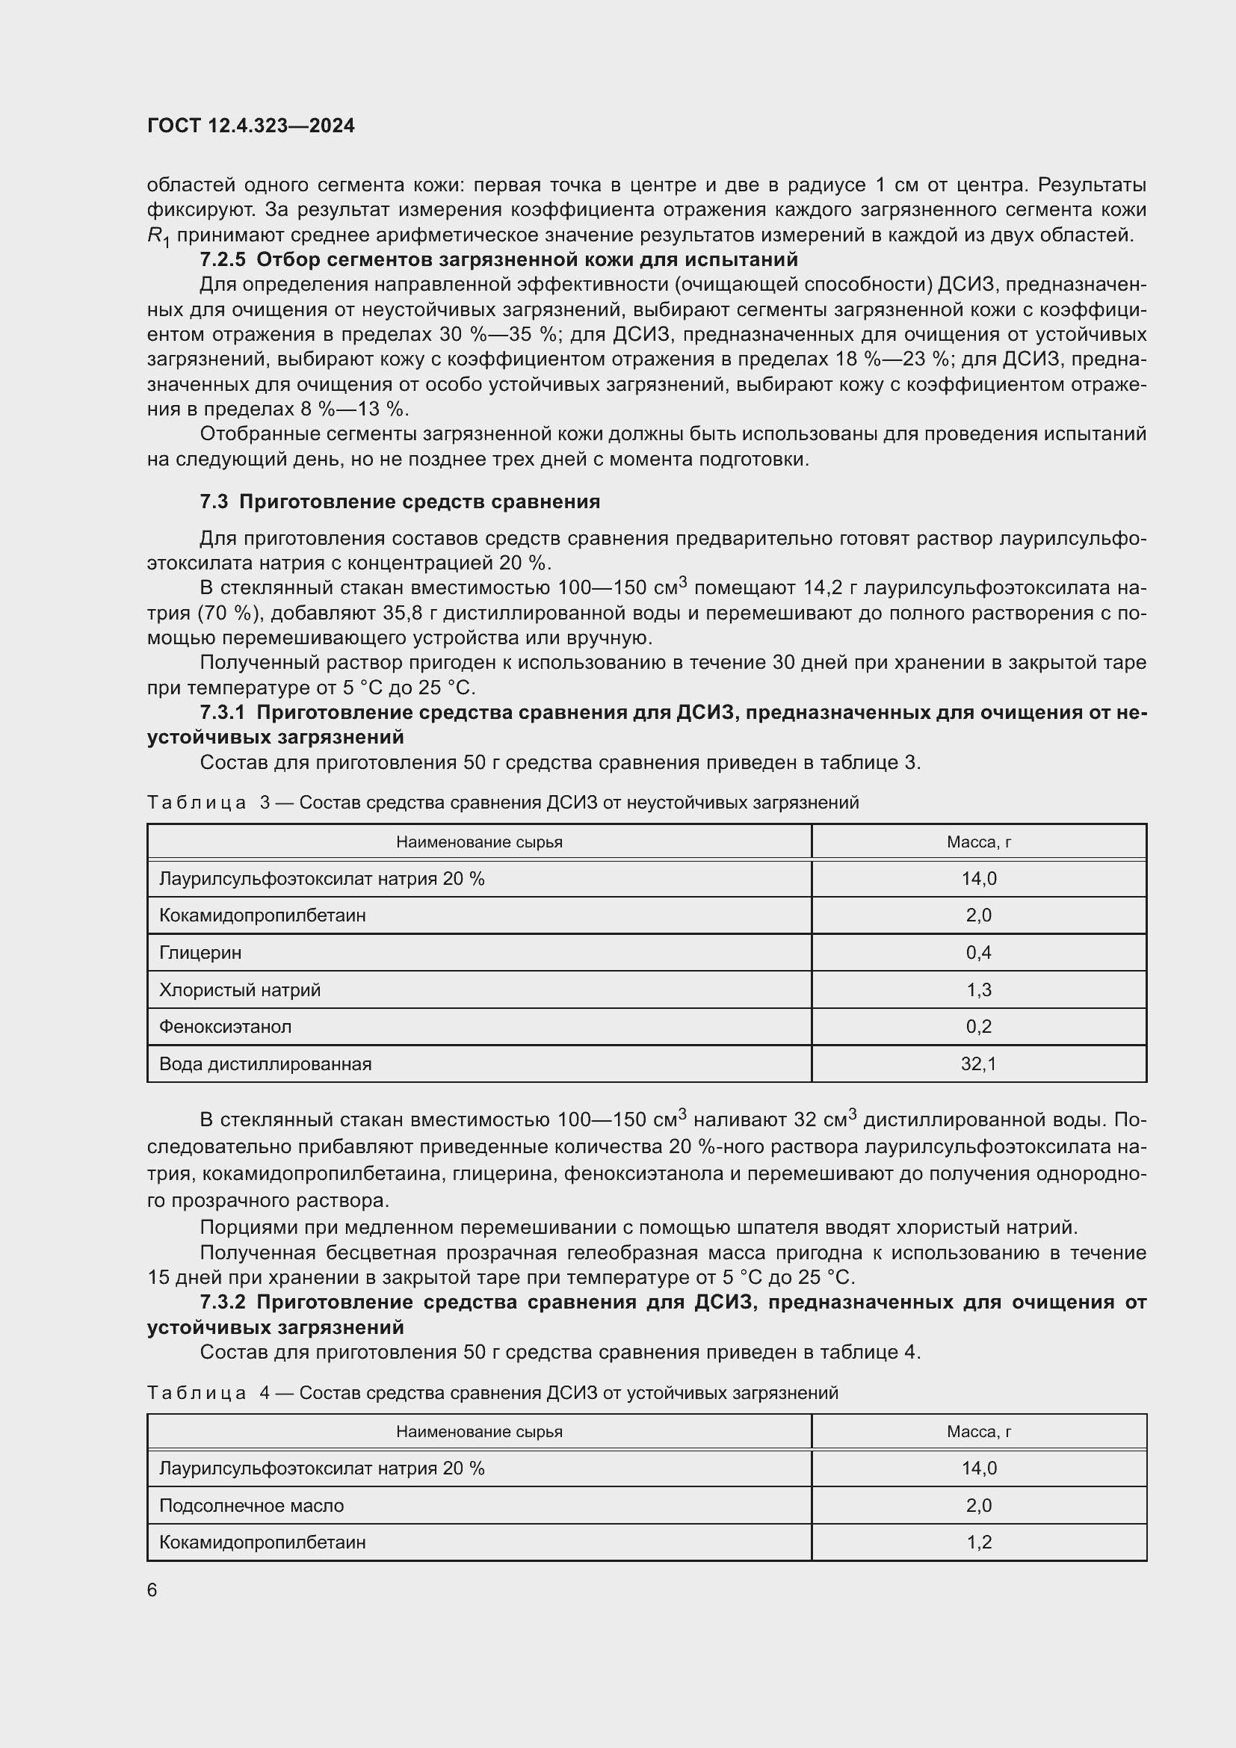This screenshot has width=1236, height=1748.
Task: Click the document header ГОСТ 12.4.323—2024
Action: pos(250,126)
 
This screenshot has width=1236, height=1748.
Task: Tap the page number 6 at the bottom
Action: pos(152,1590)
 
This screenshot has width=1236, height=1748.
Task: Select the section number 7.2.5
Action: pos(222,259)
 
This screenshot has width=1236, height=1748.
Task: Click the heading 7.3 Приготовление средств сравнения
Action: pos(400,501)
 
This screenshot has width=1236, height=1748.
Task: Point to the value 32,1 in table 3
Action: pos(978,1063)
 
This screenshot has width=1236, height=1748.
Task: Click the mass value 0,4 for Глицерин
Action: pos(978,952)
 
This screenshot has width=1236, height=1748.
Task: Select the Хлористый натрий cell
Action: pos(240,989)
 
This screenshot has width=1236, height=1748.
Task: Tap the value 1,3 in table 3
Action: pos(978,989)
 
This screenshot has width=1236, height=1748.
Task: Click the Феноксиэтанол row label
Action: pos(225,1026)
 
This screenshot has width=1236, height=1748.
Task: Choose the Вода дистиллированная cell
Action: pos(265,1063)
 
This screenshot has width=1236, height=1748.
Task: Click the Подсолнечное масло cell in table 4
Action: pos(251,1505)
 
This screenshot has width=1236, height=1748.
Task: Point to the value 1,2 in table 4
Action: pos(979,1542)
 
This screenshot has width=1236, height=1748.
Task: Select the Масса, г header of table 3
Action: pos(978,842)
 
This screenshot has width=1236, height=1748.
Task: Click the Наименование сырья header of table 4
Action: pos(479,1431)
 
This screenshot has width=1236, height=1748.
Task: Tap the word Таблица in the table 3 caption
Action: pos(197,803)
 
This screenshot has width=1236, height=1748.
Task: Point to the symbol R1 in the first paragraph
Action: pos(158,237)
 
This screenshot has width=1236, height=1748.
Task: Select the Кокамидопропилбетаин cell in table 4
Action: pos(262,1542)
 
